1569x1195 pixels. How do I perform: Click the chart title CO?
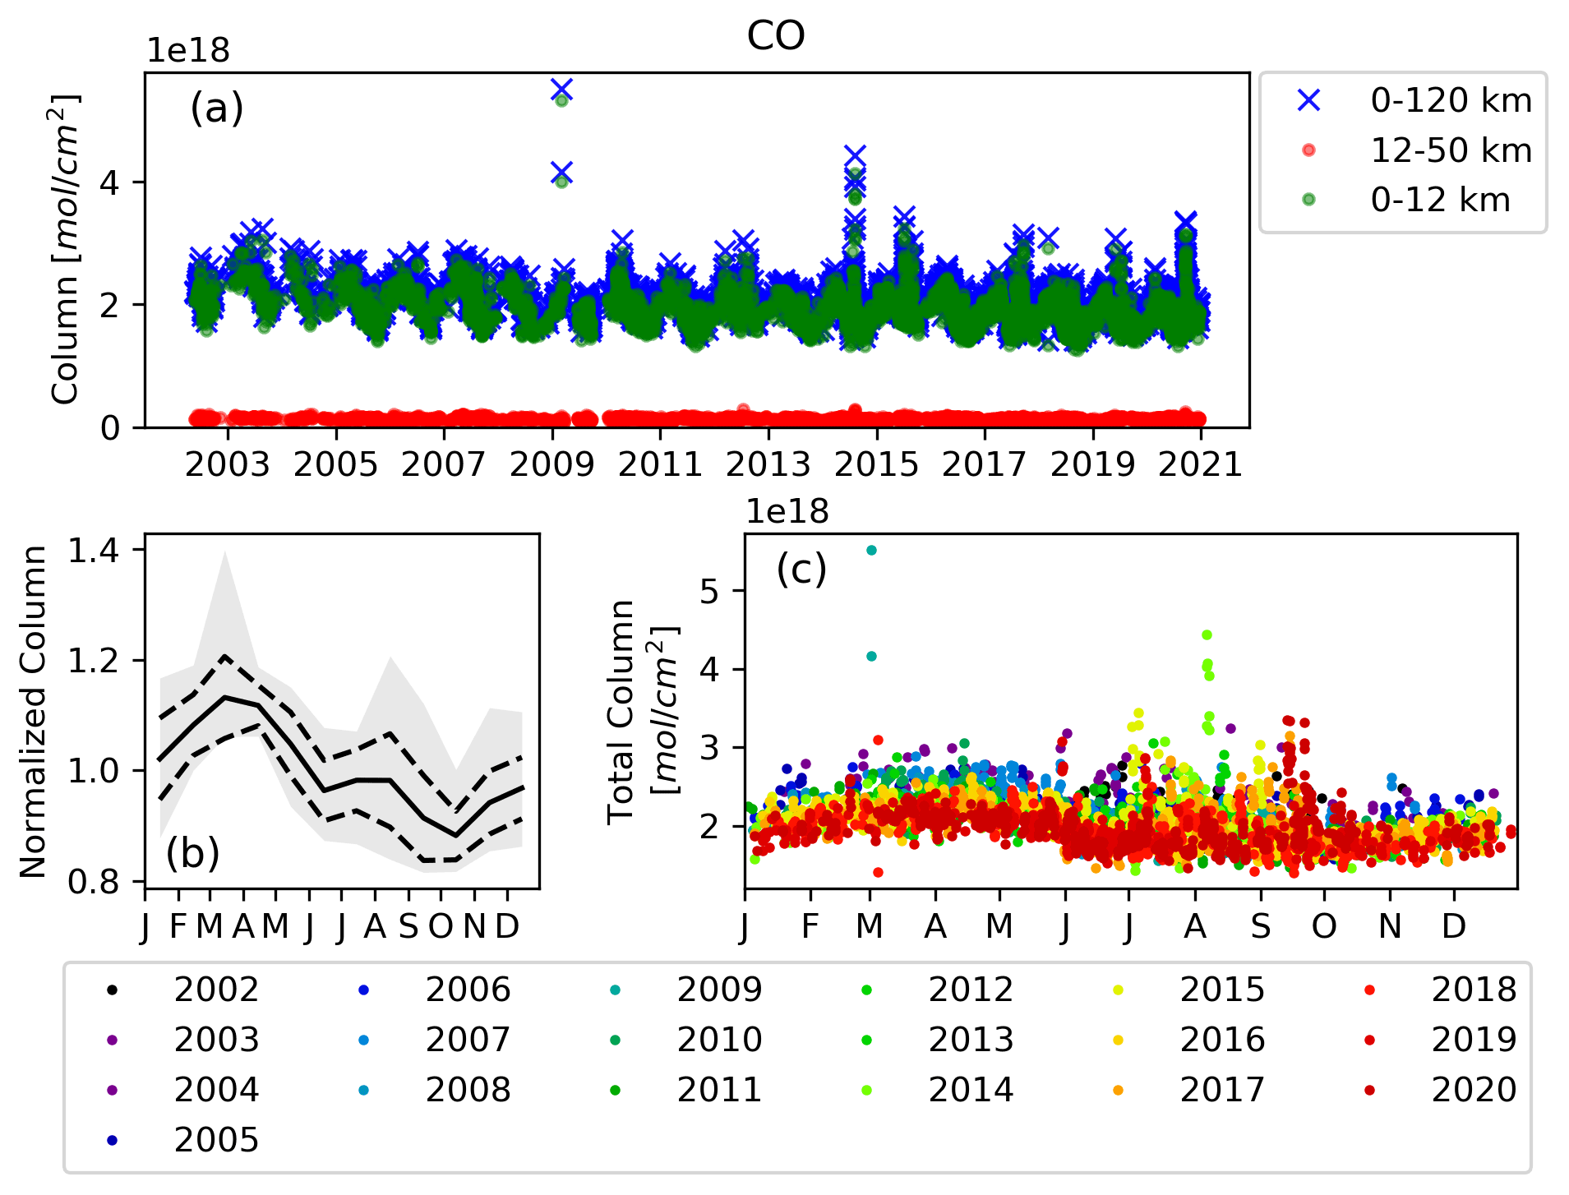(x=775, y=36)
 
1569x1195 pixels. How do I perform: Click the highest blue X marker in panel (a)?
(x=561, y=89)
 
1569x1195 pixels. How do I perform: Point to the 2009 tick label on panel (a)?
(x=551, y=465)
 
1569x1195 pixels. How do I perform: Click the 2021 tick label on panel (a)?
(x=1200, y=465)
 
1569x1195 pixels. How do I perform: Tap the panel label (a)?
(x=217, y=108)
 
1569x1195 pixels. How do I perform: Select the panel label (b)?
(x=192, y=853)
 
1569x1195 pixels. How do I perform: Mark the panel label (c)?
(x=801, y=569)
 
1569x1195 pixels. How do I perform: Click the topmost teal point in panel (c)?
(x=872, y=551)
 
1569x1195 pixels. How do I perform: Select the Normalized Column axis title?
(x=33, y=712)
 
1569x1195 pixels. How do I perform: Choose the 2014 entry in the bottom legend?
(x=970, y=1090)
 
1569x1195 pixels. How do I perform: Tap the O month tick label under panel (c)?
(x=1324, y=927)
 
